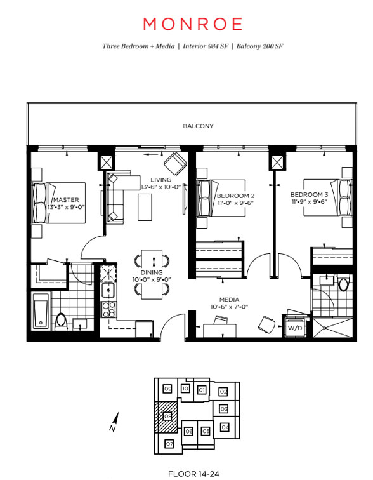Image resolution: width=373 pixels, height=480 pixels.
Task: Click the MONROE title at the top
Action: (x=193, y=24)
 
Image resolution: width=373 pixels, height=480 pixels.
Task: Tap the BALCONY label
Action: (x=198, y=126)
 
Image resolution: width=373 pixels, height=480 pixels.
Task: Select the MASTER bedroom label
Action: (x=66, y=200)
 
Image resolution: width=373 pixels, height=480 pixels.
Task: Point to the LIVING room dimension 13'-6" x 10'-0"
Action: (x=161, y=187)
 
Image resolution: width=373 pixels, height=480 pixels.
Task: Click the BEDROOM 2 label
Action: (x=235, y=196)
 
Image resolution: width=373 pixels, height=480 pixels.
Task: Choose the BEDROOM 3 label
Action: (x=309, y=194)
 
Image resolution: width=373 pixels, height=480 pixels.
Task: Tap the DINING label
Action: (x=152, y=272)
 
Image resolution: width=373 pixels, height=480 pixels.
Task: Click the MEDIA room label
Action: (x=229, y=300)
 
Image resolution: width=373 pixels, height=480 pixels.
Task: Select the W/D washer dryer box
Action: (x=295, y=328)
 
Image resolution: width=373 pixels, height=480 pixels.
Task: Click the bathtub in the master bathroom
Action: (x=41, y=310)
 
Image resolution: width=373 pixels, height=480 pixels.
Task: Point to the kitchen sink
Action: (x=108, y=290)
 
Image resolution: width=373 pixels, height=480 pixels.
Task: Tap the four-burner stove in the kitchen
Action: (x=108, y=309)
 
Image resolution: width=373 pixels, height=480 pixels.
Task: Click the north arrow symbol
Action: (x=114, y=422)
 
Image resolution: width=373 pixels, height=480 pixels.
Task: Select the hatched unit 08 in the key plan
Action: (x=166, y=417)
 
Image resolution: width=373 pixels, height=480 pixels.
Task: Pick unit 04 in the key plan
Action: (x=225, y=427)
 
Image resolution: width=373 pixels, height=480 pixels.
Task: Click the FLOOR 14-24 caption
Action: (x=194, y=474)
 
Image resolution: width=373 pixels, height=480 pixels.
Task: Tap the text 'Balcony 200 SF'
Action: (x=259, y=46)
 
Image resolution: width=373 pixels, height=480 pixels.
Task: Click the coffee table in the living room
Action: (x=145, y=207)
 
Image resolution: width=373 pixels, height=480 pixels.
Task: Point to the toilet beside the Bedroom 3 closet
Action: (x=344, y=283)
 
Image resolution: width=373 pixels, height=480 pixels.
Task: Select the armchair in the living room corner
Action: (x=175, y=163)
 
